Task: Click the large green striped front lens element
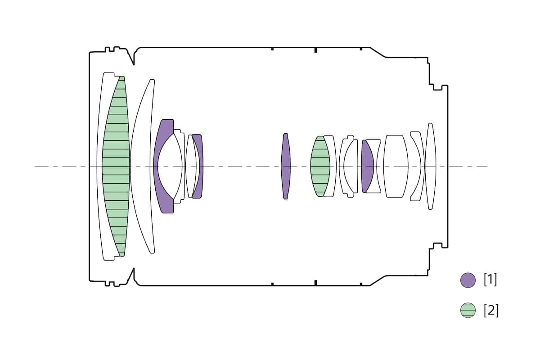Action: [116, 166]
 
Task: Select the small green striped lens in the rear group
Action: [320, 166]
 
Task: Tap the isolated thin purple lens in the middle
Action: [286, 166]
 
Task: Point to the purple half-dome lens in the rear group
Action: [367, 166]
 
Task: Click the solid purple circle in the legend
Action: [468, 280]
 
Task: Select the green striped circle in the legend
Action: [468, 310]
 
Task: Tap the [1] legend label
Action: [490, 280]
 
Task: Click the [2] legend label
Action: [491, 310]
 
